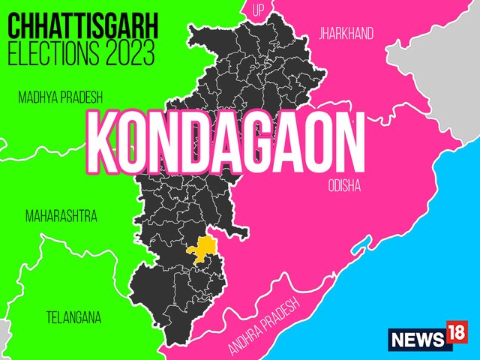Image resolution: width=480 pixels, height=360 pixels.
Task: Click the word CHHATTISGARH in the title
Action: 82,27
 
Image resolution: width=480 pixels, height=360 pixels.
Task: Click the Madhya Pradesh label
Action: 60,97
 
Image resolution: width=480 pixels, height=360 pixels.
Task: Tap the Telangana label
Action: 73,316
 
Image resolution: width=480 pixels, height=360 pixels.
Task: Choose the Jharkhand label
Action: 346,34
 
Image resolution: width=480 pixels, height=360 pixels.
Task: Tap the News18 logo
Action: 428,338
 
